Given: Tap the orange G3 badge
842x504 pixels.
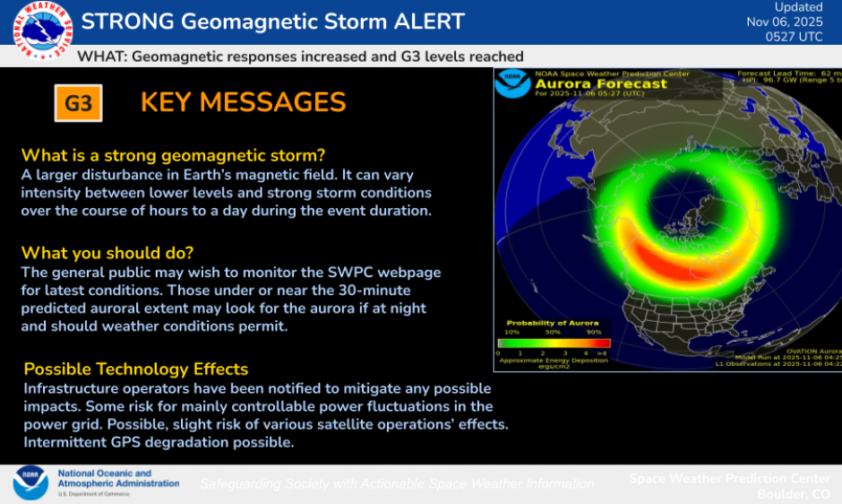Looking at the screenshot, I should pos(78,103).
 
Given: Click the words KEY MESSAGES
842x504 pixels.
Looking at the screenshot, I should pos(243,102).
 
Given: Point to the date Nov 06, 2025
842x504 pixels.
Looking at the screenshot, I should pos(785,22).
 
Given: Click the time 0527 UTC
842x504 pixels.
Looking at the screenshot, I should pos(795,37).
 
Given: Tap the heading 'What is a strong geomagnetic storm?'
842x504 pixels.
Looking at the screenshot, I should pos(173,154).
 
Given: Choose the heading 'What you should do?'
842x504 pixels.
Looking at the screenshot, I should pos(107,252).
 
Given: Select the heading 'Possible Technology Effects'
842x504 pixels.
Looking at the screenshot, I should pos(136,369).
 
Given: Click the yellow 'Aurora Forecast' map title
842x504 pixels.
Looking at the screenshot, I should pos(600,83).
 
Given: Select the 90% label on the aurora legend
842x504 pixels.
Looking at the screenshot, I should pos(592,333).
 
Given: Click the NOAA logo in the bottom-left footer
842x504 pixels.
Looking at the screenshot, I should pos(30,482).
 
